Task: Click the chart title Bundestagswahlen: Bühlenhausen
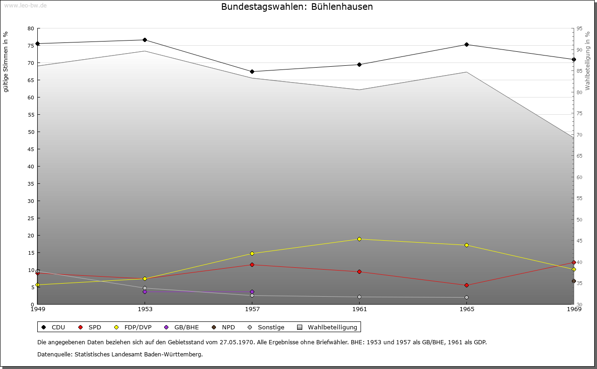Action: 297,7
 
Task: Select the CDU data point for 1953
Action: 145,40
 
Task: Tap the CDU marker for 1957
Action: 252,72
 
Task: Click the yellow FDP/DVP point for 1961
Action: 359,239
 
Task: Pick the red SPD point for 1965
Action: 466,285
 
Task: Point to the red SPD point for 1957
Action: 252,265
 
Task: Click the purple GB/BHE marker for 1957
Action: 252,292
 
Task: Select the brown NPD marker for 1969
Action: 574,281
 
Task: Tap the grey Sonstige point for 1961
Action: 359,297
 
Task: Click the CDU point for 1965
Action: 466,45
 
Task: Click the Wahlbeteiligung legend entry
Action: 327,327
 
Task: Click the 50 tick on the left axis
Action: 31,132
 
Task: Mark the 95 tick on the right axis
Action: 579,28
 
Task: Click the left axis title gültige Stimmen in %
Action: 6,62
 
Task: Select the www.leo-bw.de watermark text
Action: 25,6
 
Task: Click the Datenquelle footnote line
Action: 120,355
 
